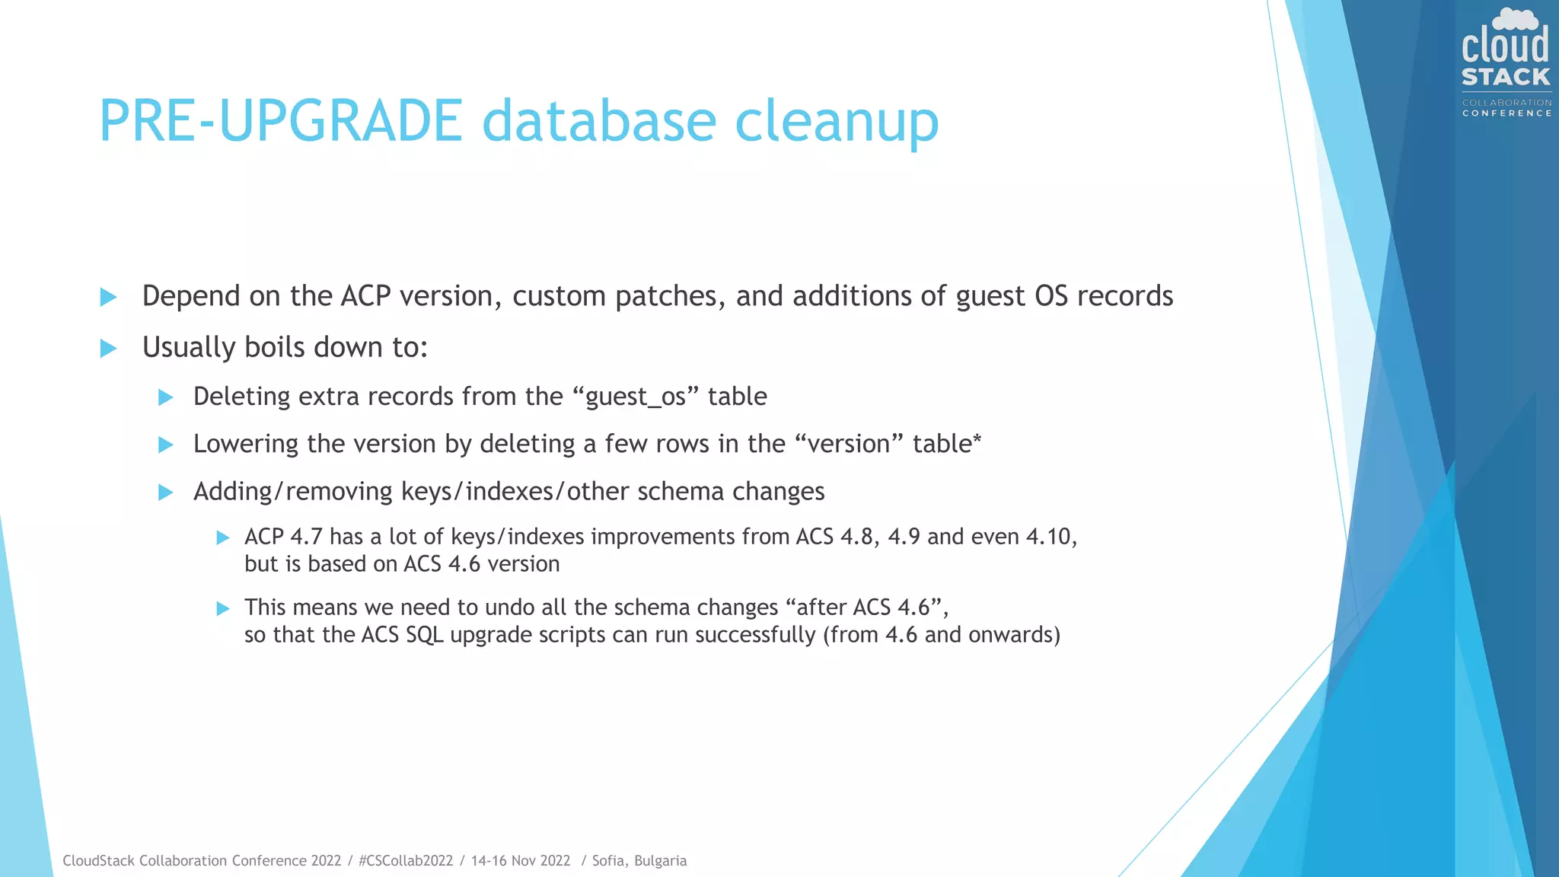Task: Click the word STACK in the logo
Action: click(x=1506, y=77)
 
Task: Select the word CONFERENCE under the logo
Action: click(x=1506, y=113)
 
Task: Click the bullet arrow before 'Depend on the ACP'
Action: click(x=109, y=297)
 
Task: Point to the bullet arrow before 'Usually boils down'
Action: click(x=109, y=349)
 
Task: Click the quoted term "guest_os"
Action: click(x=635, y=397)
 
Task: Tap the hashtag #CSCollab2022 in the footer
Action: click(x=406, y=861)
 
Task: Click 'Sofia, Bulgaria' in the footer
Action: click(x=639, y=861)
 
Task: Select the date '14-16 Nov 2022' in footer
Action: click(x=521, y=861)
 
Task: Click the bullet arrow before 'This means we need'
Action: click(x=223, y=608)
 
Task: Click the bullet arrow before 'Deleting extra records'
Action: click(x=165, y=397)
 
